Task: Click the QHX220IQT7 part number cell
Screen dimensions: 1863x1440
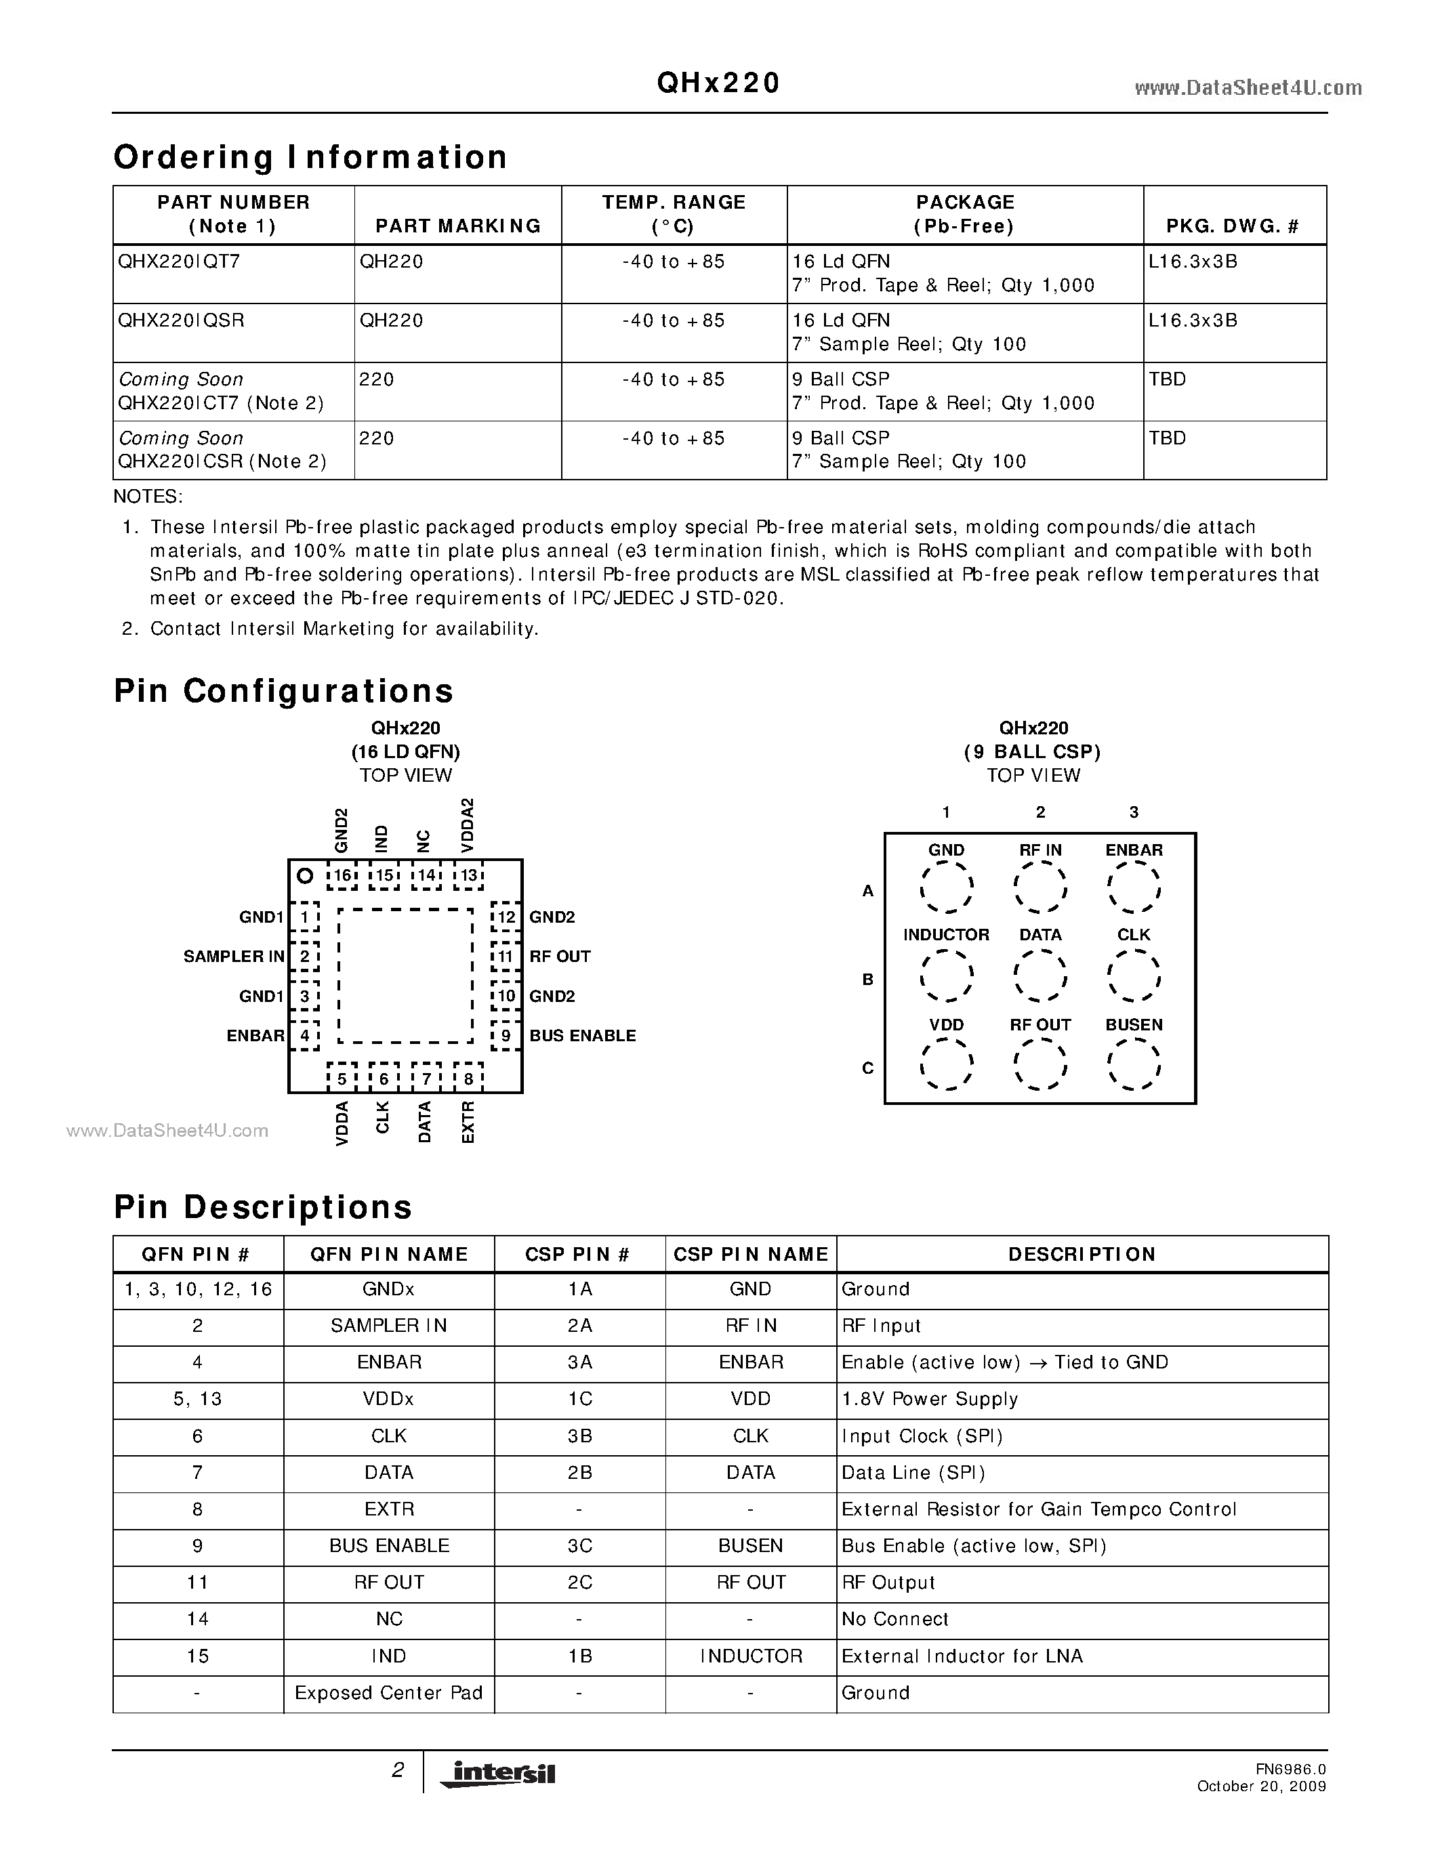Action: [180, 262]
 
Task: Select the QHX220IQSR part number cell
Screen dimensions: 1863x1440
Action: [182, 320]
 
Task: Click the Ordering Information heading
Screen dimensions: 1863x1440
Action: [310, 158]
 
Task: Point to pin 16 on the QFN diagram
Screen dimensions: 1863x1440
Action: [342, 875]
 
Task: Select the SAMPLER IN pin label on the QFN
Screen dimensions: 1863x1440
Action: [234, 957]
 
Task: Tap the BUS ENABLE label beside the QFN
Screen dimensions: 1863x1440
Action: [583, 1036]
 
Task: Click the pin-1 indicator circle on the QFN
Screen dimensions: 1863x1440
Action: [304, 876]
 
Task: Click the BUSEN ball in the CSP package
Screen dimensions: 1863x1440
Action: [1134, 1064]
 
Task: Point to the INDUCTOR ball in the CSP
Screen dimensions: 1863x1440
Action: [946, 975]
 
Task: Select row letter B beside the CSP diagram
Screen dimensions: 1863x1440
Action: [867, 980]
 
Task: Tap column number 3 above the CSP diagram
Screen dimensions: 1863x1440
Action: [1134, 812]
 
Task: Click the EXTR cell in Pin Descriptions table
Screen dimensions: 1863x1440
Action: [389, 1509]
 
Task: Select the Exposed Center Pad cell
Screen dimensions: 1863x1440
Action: [389, 1692]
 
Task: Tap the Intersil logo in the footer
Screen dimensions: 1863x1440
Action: [498, 1774]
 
